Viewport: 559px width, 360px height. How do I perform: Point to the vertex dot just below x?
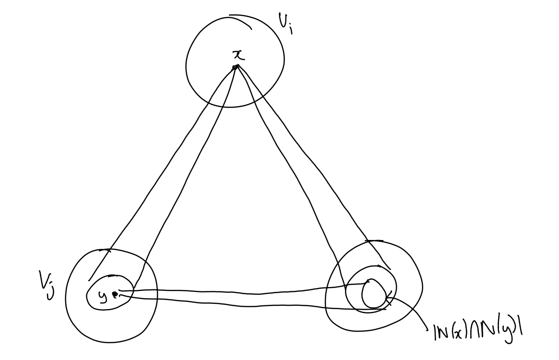235,67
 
